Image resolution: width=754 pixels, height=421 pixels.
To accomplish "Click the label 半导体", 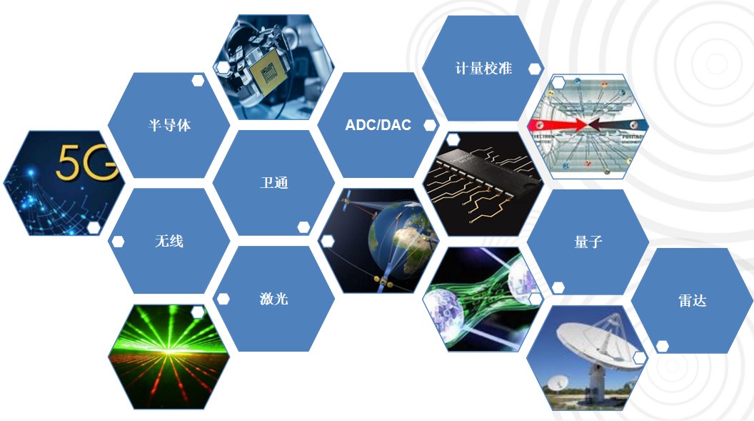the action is pos(169,126).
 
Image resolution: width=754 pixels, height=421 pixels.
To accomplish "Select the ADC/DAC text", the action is pos(378,125).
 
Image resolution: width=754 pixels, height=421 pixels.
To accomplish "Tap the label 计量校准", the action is pos(483,69).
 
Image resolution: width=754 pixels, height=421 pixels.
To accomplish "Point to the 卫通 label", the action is pos(274,183).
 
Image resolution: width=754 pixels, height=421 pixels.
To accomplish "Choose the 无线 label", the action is pos(169,241).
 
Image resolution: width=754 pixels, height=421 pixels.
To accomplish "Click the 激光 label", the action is pos(274,299).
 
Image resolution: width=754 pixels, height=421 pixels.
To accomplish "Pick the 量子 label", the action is pos(588,242).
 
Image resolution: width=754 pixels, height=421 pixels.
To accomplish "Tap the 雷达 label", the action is pos(693,301).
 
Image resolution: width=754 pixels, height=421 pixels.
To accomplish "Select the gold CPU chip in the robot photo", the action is pos(267,74).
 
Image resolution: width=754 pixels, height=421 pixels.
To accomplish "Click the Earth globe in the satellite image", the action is pos(400,237).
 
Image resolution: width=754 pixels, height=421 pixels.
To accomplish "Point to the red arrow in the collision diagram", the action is pos(558,126).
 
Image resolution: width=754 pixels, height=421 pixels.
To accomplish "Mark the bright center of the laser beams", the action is pos(168,352).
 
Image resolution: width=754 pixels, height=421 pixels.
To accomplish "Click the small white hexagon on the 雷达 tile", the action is pos(662,346).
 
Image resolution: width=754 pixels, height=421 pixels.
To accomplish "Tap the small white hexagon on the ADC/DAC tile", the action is pos(430,126).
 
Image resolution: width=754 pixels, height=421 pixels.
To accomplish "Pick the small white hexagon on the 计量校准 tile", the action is pos(535,69).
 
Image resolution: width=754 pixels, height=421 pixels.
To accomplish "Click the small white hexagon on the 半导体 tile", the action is pos(198,80).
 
